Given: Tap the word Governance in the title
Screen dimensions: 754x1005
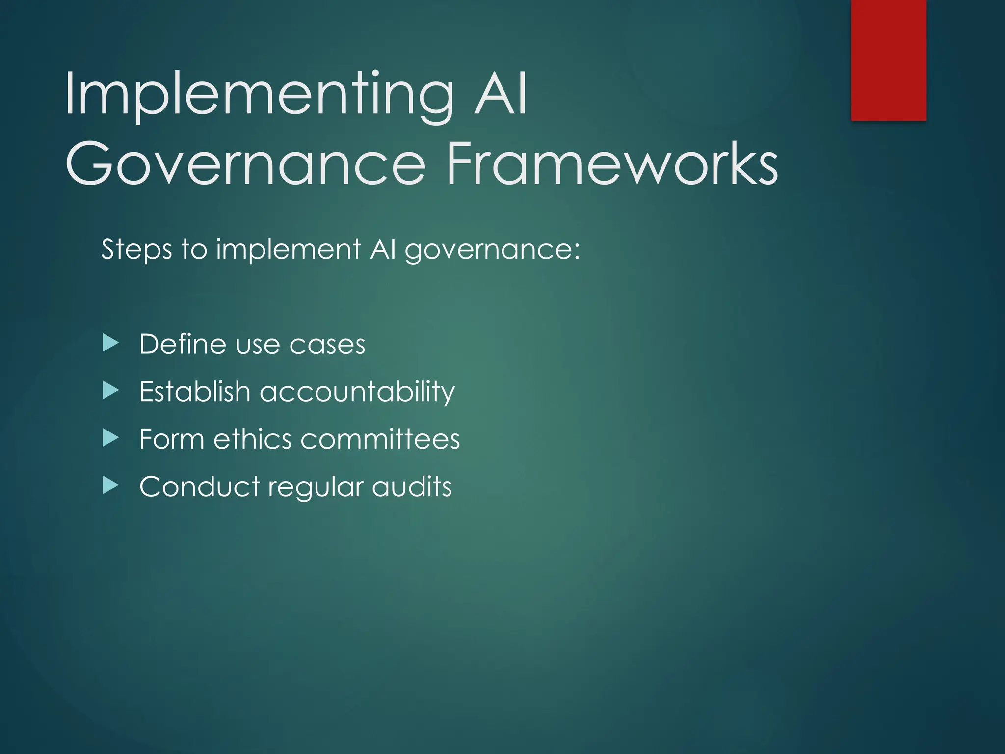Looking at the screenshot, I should (245, 163).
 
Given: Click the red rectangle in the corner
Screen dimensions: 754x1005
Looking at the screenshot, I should (889, 60).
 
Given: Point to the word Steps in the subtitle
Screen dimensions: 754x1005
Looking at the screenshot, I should (136, 249).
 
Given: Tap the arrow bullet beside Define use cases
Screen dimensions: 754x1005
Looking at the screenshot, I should (111, 343).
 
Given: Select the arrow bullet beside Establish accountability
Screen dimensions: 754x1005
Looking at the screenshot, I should (111, 391).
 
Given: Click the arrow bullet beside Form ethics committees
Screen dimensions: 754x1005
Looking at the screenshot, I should (111, 438).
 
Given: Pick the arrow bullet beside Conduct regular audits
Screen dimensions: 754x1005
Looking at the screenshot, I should (111, 485).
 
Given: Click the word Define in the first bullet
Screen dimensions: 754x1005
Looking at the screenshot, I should (183, 344).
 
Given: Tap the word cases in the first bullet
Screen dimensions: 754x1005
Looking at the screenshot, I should (327, 345).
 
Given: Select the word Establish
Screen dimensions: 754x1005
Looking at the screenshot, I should (195, 391).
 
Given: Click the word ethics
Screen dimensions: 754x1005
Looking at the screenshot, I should (252, 438).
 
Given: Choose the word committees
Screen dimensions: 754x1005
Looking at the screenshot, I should (380, 438).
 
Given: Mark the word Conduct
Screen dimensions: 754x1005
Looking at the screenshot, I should (199, 486).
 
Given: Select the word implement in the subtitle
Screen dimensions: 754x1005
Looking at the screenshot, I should (289, 249).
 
